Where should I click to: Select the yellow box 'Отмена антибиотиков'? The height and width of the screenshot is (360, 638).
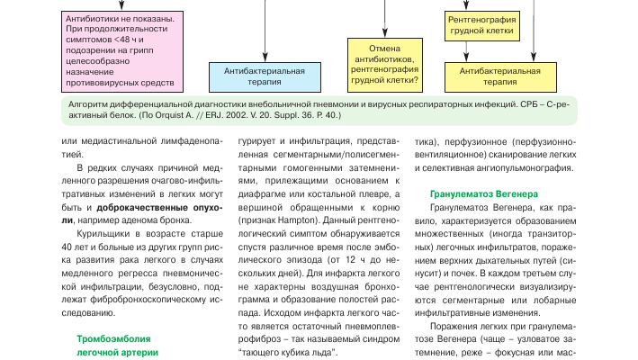point(384,66)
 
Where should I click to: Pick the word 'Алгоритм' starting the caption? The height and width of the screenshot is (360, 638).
point(77,103)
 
